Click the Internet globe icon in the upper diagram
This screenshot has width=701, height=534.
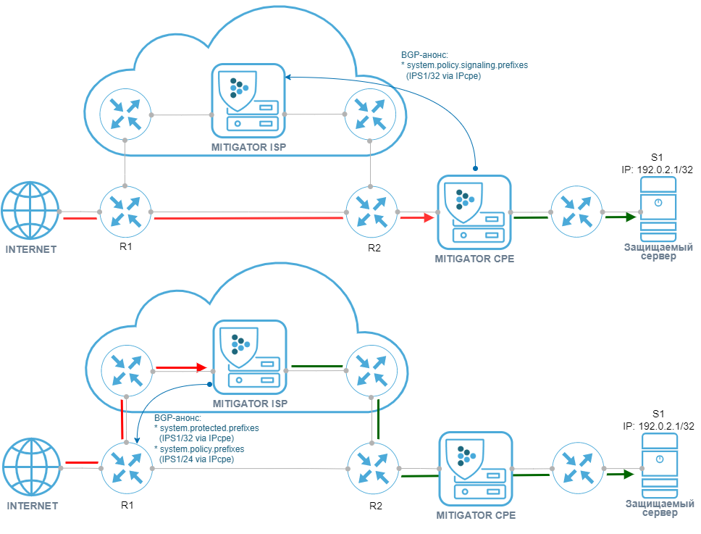[30, 212]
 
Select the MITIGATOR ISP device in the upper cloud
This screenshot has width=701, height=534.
[245, 101]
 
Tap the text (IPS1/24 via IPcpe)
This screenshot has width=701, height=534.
[196, 459]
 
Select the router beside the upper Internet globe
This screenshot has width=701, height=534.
[125, 211]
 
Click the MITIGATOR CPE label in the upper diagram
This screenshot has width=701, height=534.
[474, 257]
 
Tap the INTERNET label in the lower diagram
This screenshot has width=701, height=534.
[32, 506]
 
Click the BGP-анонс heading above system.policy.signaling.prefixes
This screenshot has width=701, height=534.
[425, 55]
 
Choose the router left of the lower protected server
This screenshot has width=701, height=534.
[576, 467]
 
